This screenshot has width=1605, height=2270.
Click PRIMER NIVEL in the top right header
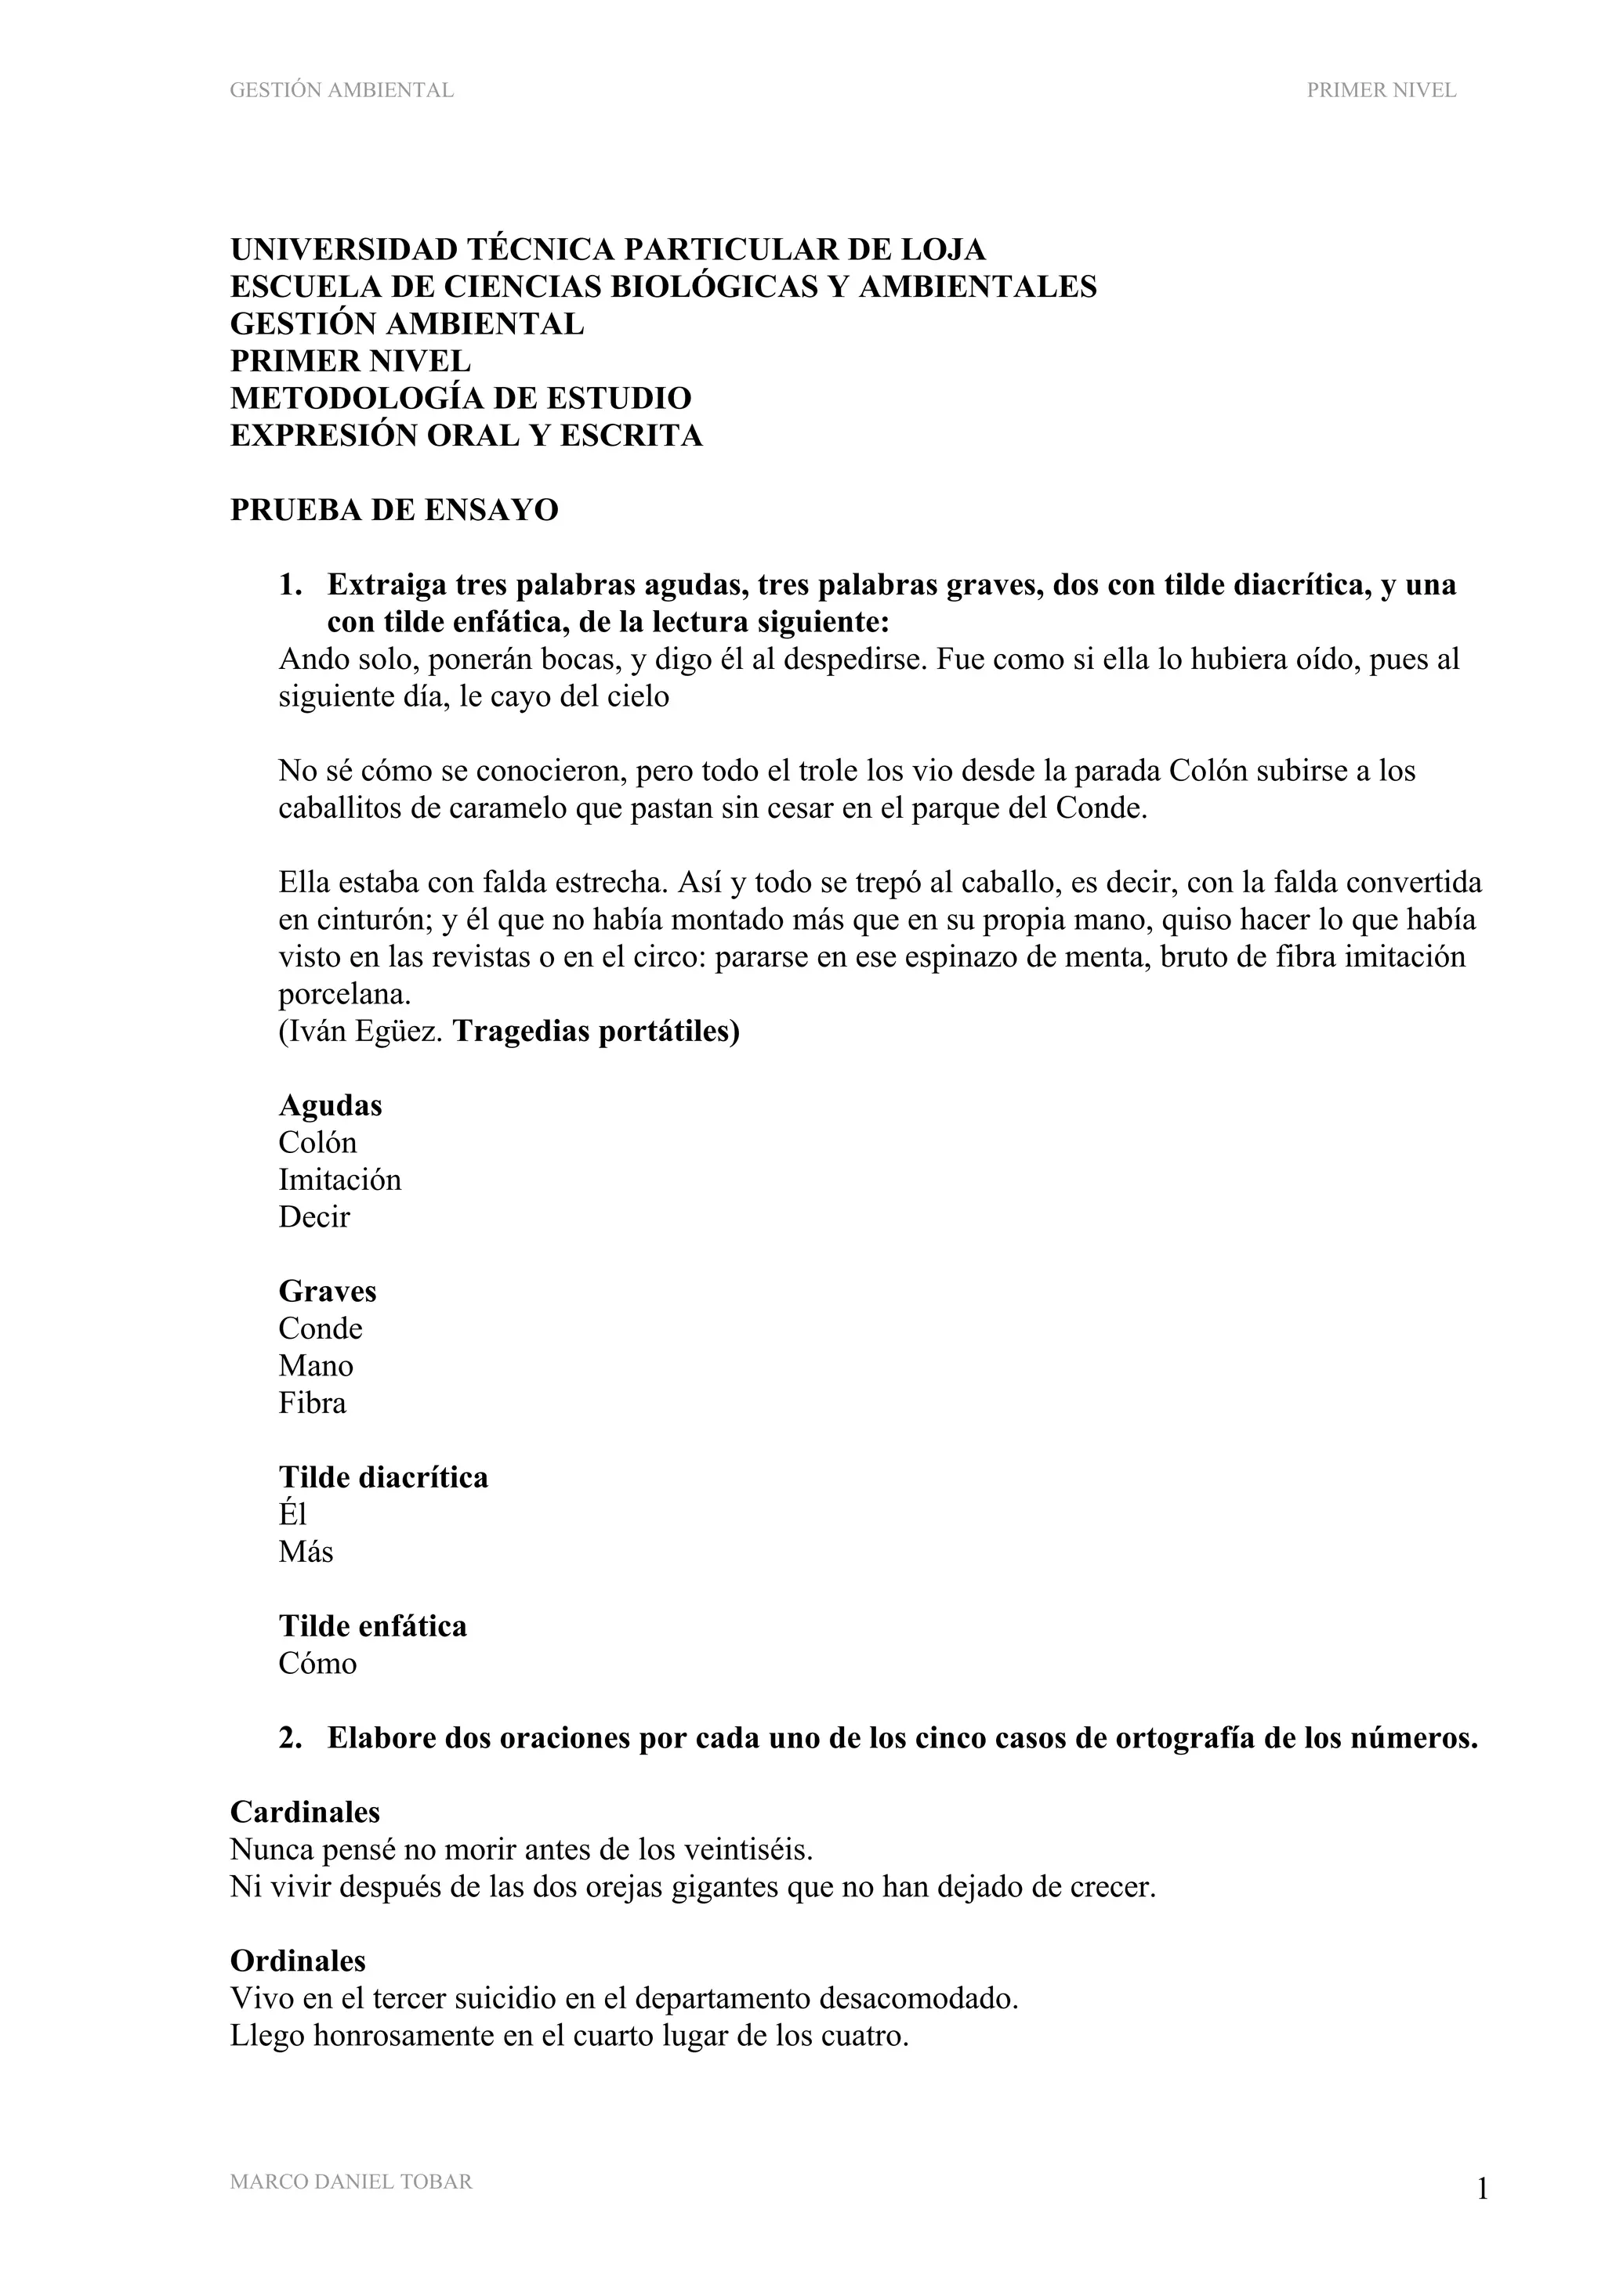(1381, 90)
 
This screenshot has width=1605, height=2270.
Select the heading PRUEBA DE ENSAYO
(393, 510)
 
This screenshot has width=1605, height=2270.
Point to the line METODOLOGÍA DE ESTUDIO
(460, 399)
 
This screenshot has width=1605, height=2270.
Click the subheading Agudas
(330, 1105)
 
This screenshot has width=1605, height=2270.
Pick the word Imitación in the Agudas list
(339, 1180)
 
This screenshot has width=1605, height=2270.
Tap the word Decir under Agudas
(313, 1217)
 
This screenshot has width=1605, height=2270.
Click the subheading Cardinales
(305, 1813)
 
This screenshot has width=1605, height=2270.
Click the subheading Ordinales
(298, 1961)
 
